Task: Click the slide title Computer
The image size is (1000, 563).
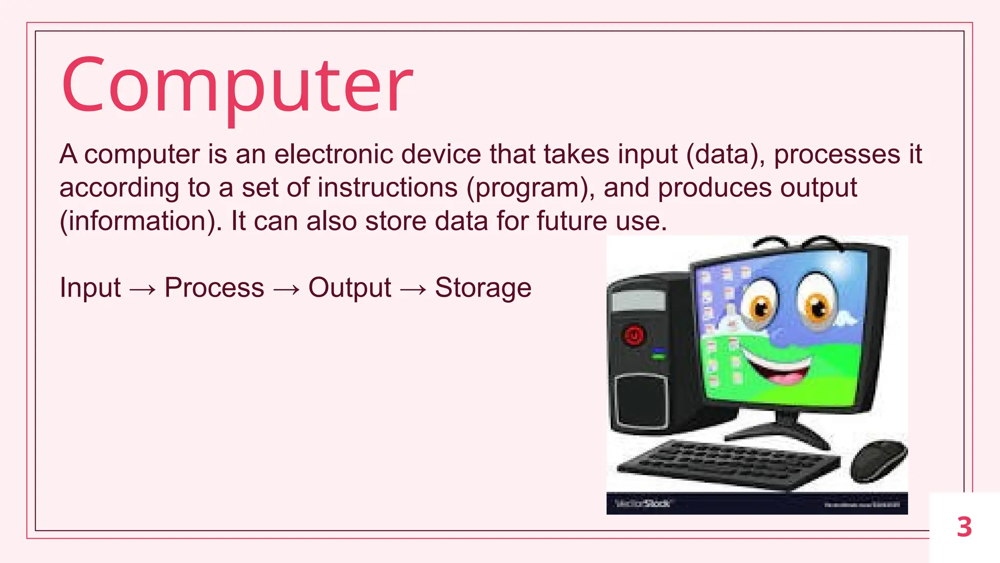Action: point(237,87)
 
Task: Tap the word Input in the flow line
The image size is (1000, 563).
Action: point(90,287)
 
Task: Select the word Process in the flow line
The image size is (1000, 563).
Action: point(214,287)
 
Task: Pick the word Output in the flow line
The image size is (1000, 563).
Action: point(350,287)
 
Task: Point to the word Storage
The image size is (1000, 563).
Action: point(483,287)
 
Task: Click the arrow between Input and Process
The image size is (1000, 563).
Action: point(143,289)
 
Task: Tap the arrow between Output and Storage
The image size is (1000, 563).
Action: point(413,289)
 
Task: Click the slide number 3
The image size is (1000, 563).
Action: point(964,527)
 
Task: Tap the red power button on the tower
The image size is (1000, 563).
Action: point(634,336)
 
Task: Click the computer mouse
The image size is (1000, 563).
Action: point(878,460)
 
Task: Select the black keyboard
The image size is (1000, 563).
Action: point(728,463)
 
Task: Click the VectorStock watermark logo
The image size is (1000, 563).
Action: point(643,503)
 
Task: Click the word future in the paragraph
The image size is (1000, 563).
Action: point(572,221)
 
